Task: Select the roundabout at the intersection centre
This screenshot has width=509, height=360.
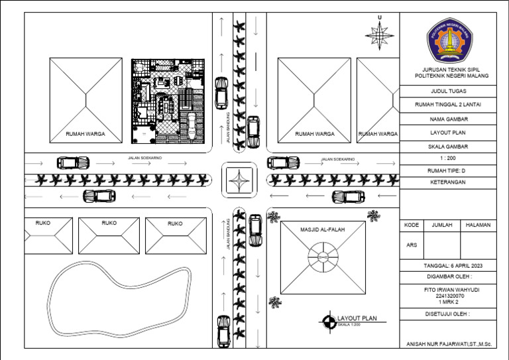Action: coord(239,180)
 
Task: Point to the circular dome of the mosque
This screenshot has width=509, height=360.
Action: coord(322,257)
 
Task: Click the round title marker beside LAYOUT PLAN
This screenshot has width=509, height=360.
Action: coord(328,322)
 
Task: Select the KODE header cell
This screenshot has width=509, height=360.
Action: coord(412,225)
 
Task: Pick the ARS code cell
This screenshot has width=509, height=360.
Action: coord(412,245)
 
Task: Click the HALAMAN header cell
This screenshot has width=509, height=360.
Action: coord(478,225)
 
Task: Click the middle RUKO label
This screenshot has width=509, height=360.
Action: coord(109,223)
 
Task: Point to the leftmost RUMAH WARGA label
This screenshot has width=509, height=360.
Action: coord(85,134)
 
